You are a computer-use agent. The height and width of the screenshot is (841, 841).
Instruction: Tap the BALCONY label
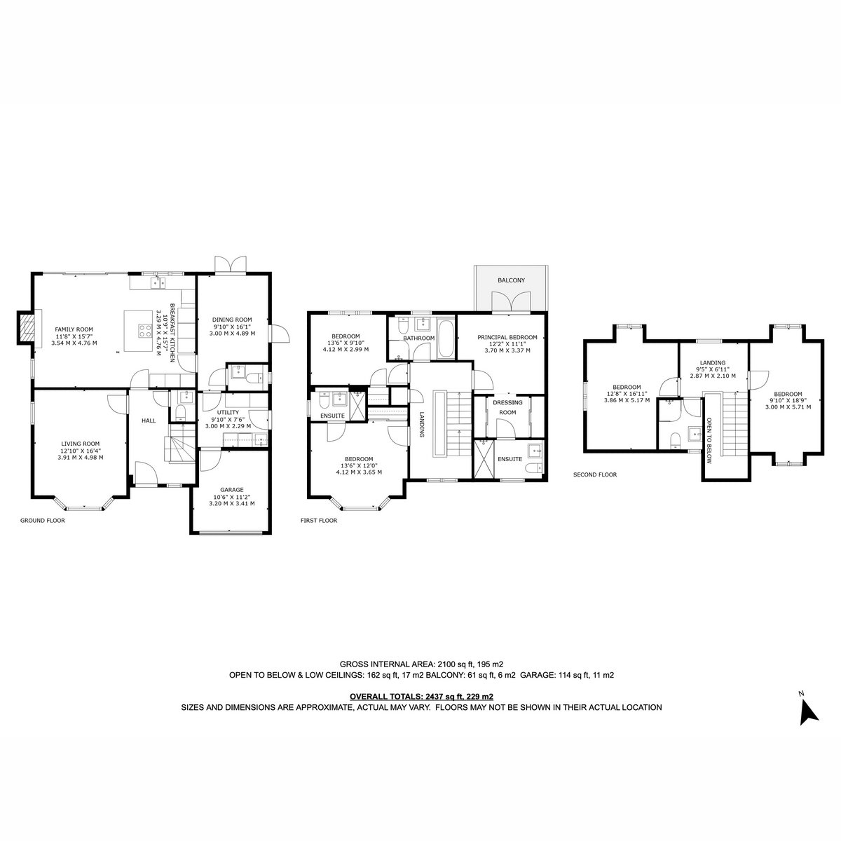(x=511, y=280)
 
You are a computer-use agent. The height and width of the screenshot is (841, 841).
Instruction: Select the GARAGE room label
(x=231, y=490)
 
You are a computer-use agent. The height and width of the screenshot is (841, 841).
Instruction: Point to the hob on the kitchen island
(x=145, y=330)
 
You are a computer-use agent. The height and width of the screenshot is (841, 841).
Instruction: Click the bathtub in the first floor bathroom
(x=446, y=339)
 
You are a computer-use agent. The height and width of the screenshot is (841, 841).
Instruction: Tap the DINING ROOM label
(x=232, y=320)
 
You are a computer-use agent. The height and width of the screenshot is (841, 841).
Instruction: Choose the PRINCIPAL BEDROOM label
(x=507, y=337)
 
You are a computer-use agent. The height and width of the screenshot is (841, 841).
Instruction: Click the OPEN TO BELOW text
(x=709, y=441)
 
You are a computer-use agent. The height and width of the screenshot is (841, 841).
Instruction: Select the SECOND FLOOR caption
(x=595, y=474)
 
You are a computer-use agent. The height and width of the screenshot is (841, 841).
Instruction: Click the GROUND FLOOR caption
(x=42, y=520)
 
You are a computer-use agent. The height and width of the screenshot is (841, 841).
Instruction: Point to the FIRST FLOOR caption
(x=319, y=520)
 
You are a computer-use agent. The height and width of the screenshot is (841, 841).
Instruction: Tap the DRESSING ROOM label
(x=507, y=407)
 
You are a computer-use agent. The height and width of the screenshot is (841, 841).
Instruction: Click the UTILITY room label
(x=228, y=412)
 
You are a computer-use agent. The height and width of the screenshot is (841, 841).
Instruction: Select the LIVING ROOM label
(x=81, y=444)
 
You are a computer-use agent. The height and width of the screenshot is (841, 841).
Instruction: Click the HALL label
(x=149, y=420)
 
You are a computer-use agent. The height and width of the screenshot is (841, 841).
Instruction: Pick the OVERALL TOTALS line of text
(x=421, y=697)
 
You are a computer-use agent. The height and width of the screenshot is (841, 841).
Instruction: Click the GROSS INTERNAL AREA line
(x=421, y=664)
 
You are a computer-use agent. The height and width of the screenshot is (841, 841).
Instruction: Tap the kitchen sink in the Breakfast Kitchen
(x=158, y=283)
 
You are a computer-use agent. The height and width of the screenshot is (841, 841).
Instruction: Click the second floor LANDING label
(x=712, y=362)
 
